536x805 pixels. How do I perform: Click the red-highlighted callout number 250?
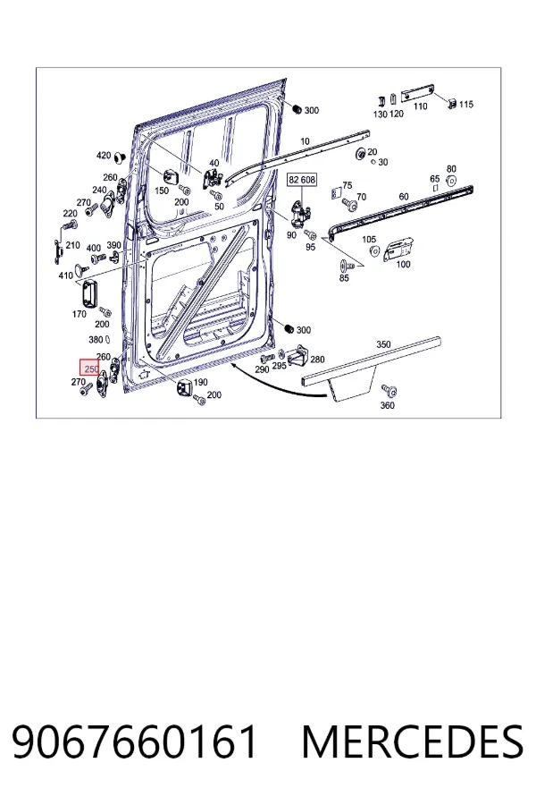91,369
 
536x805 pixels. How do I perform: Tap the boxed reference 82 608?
302,180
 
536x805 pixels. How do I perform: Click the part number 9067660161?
134,741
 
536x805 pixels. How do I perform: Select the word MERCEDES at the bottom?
413,741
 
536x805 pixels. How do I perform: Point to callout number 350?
383,344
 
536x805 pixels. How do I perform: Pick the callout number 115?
465,105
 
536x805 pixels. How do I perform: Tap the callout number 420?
104,155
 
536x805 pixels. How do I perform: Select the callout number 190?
200,382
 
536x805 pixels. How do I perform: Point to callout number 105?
369,239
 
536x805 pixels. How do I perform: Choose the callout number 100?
404,265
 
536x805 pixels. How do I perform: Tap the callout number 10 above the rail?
306,141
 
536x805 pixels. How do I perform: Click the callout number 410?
65,275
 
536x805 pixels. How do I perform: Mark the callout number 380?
96,339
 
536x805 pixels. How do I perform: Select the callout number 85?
344,278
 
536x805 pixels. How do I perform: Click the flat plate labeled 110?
416,94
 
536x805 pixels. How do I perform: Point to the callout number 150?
162,191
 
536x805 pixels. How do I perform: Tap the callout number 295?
279,366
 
